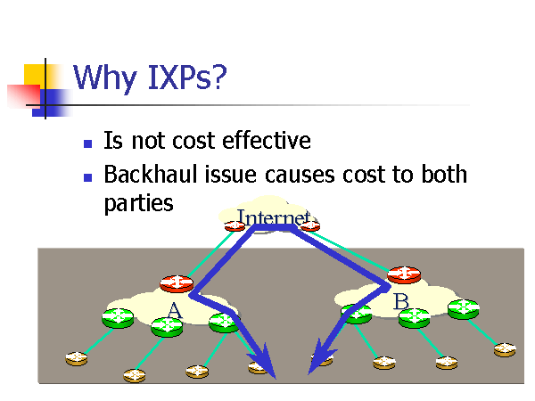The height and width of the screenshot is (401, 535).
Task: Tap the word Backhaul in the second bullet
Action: point(152,174)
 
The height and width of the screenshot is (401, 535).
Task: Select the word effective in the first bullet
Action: point(266,141)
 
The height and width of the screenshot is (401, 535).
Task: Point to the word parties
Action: point(138,203)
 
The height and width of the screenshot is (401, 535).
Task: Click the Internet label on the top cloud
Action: point(272,217)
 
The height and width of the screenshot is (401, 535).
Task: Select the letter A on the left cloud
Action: point(174,310)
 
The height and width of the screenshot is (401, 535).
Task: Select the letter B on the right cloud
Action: point(400,302)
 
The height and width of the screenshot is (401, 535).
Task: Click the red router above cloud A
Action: point(177,283)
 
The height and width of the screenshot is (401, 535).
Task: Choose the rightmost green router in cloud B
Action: point(464,309)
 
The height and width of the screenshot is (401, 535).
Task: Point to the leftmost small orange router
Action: point(77,358)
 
